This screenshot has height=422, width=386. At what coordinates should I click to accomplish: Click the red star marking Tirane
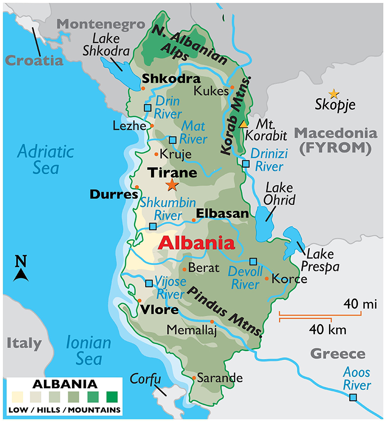[172, 184]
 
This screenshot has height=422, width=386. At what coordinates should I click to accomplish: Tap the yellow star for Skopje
[333, 93]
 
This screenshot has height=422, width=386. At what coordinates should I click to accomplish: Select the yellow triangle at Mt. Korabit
[244, 124]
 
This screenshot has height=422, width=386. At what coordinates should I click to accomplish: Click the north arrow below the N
[21, 275]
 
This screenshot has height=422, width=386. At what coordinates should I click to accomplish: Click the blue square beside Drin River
[148, 108]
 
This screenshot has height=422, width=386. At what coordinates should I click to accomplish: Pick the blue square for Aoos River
[353, 397]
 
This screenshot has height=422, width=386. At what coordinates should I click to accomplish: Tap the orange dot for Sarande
[193, 378]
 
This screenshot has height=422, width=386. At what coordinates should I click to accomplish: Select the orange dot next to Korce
[267, 279]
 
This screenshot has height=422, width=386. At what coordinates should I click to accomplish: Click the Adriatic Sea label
[46, 160]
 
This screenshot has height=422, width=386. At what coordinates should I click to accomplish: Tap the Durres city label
[114, 195]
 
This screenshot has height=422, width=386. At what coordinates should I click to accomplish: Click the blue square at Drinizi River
[246, 164]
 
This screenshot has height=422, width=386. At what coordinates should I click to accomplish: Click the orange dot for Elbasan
[193, 220]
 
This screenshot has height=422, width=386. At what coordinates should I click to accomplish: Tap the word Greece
[338, 354]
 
